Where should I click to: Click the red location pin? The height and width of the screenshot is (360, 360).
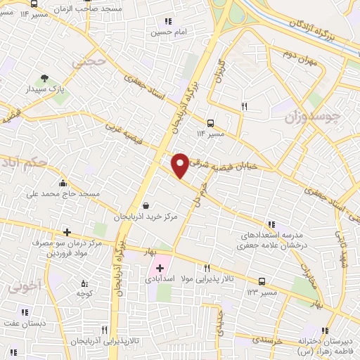[181, 164]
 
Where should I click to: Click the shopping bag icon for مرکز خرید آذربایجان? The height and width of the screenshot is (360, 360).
[145, 205]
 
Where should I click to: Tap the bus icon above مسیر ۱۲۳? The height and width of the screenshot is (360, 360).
[262, 281]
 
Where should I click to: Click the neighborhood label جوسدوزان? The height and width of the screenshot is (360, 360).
[315, 115]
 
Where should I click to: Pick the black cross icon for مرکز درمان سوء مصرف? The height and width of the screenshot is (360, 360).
[67, 232]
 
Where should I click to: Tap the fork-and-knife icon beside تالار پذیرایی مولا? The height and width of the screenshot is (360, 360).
[207, 268]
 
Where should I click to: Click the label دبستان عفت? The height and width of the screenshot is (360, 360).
[27, 323]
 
